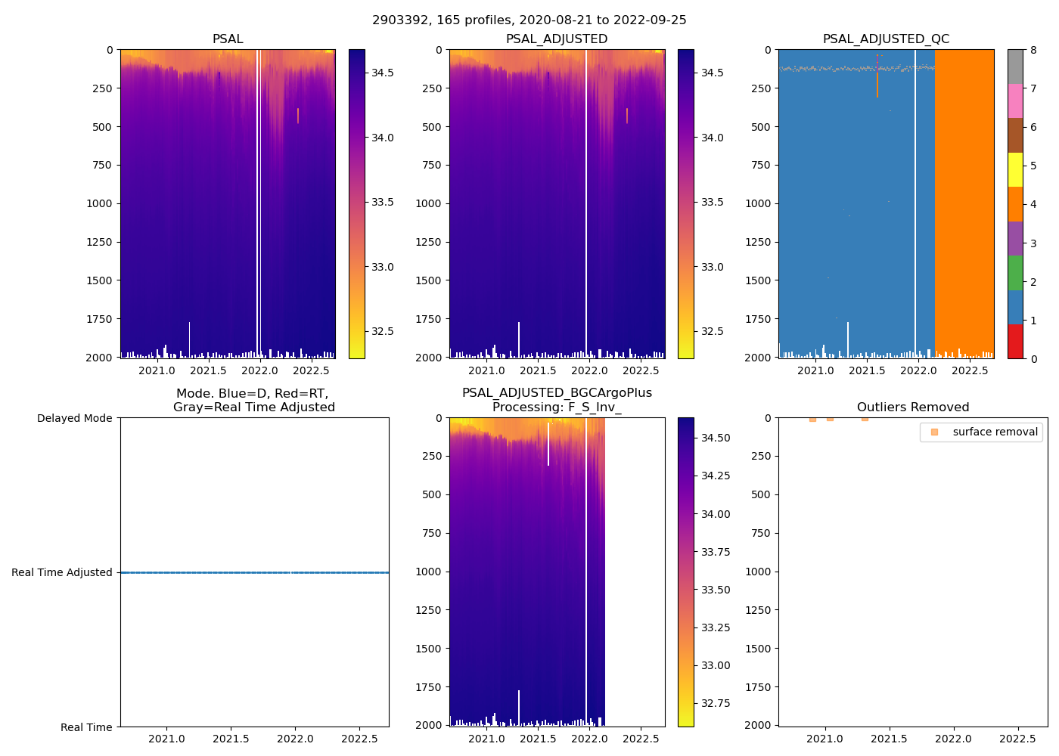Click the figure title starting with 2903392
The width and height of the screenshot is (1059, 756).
click(x=529, y=20)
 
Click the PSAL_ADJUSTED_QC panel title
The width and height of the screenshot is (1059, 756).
click(x=886, y=39)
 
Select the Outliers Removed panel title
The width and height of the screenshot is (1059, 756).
click(x=912, y=407)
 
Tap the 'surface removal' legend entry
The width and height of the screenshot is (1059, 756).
click(x=995, y=432)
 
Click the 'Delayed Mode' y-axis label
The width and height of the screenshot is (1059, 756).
click(x=74, y=418)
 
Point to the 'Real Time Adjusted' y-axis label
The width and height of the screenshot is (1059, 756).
click(x=62, y=572)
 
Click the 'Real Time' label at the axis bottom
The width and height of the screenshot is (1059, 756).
click(x=86, y=727)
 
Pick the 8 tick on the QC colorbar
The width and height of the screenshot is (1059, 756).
click(x=1033, y=50)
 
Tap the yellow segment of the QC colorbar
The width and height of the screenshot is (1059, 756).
click(x=1015, y=169)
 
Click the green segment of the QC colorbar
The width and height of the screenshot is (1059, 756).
click(x=1015, y=272)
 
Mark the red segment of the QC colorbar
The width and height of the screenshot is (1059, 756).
click(x=1015, y=341)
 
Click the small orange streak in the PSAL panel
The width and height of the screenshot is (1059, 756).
click(x=298, y=115)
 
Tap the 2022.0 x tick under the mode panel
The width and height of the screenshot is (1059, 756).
click(x=295, y=738)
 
